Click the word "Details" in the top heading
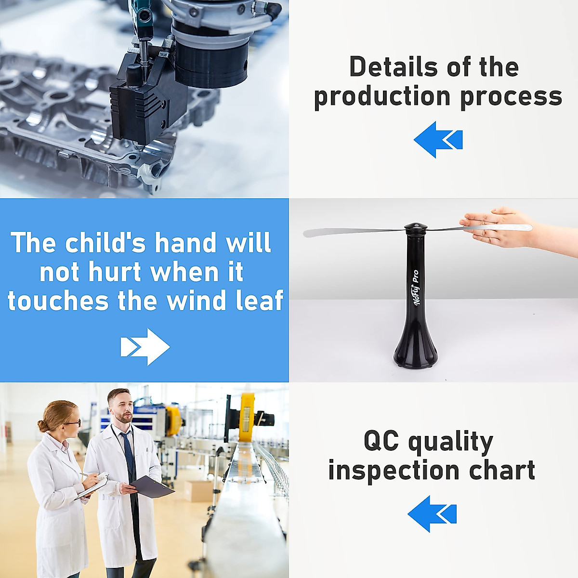click(x=394, y=67)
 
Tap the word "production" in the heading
click(x=382, y=97)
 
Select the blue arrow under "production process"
click(x=438, y=140)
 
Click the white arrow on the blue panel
click(x=145, y=347)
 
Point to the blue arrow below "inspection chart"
click(x=432, y=514)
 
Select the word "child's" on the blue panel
click(x=105, y=242)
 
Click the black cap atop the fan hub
click(x=415, y=226)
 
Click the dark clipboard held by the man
click(x=153, y=487)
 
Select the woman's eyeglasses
click(x=74, y=423)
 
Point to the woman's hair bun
click(x=42, y=426)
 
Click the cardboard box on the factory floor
click(x=197, y=491)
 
